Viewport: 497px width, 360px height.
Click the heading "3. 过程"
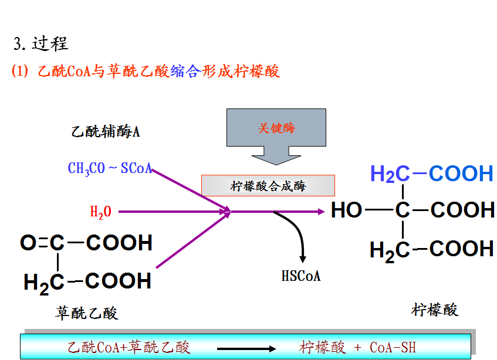(x=41, y=44)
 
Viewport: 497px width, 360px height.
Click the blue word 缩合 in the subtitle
(x=185, y=72)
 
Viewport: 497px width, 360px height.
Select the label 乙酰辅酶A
(x=106, y=131)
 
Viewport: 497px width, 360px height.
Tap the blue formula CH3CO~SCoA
(x=110, y=169)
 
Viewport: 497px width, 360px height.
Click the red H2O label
(x=100, y=212)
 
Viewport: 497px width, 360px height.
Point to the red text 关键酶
(x=276, y=128)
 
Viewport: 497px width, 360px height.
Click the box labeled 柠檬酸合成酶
(x=268, y=186)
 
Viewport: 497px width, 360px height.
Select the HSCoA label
(x=301, y=276)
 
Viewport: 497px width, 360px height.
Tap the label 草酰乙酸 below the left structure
(x=87, y=313)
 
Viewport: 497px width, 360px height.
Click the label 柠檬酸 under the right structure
(x=434, y=309)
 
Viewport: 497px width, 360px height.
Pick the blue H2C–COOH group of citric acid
(x=432, y=174)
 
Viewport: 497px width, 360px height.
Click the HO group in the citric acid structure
(x=347, y=210)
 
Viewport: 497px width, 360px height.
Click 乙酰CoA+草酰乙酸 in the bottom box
(x=129, y=347)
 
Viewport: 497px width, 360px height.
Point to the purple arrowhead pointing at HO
(x=320, y=211)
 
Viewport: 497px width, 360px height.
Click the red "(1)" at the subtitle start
(x=19, y=72)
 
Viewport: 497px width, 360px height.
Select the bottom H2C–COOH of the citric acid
(x=432, y=249)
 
